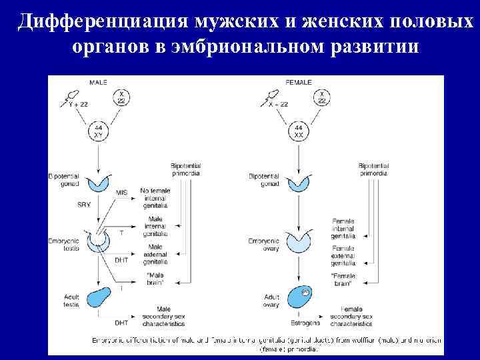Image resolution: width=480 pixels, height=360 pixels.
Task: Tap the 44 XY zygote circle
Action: (x=99, y=131)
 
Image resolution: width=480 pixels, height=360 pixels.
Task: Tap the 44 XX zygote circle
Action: (x=298, y=131)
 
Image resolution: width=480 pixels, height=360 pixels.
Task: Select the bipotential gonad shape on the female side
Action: (x=298, y=183)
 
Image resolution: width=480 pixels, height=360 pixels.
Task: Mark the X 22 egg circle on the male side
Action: (x=122, y=97)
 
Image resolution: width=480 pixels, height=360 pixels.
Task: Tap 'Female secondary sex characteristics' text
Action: (x=351, y=317)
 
